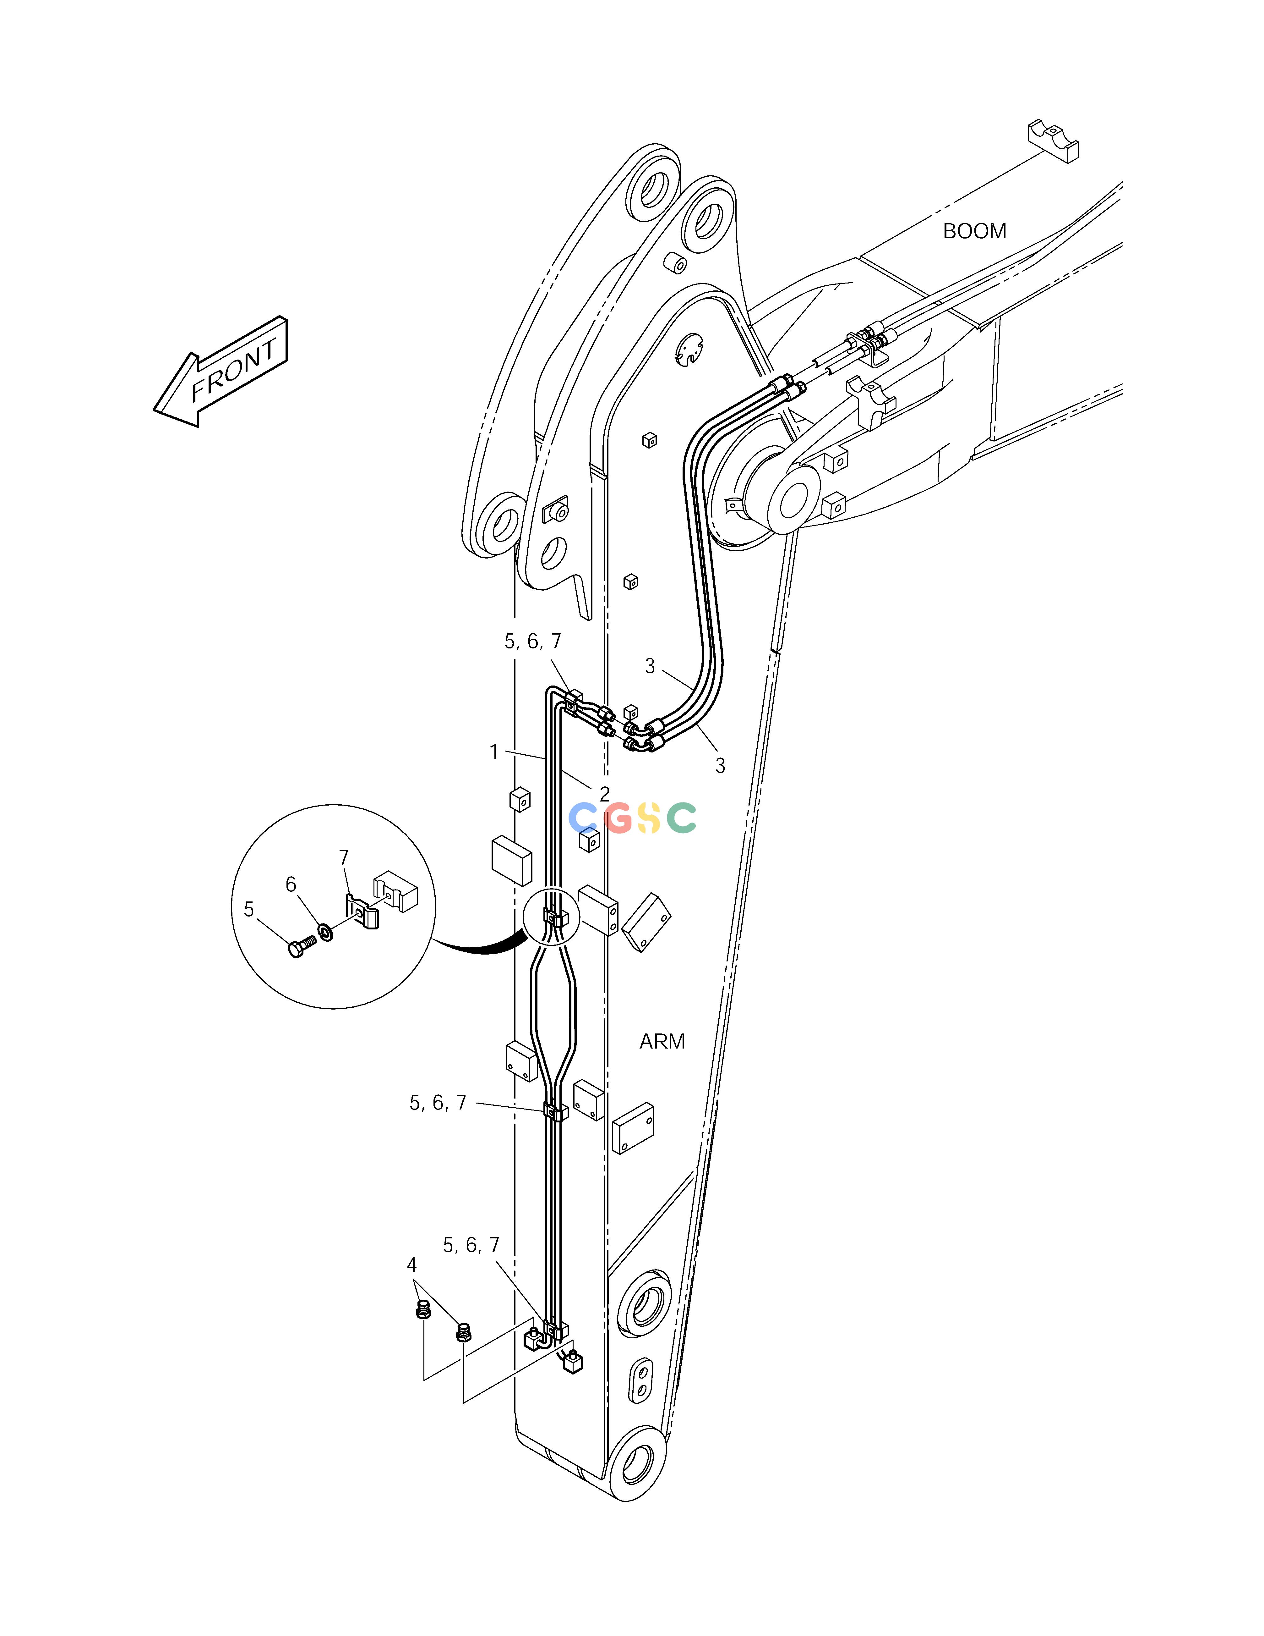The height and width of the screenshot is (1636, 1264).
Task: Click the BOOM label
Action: (974, 231)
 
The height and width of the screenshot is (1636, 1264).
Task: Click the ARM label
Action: (662, 1041)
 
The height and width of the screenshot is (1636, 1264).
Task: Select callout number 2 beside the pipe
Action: (604, 793)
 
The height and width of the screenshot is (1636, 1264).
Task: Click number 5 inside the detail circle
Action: (249, 909)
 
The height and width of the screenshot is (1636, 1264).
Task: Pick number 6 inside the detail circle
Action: (291, 885)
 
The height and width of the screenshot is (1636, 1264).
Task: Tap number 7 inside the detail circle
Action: (344, 857)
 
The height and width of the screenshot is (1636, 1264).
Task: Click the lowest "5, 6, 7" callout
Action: (471, 1245)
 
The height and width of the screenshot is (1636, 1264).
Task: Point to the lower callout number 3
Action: (720, 766)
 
